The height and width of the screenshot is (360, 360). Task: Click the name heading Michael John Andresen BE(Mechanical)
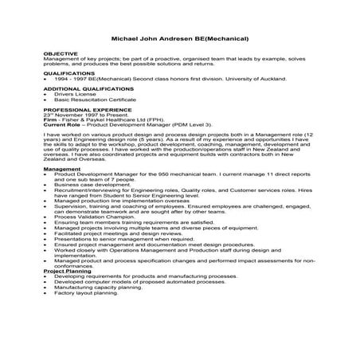(180, 38)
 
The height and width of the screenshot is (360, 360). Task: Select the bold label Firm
(50, 119)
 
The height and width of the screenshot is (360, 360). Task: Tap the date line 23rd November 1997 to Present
(78, 114)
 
